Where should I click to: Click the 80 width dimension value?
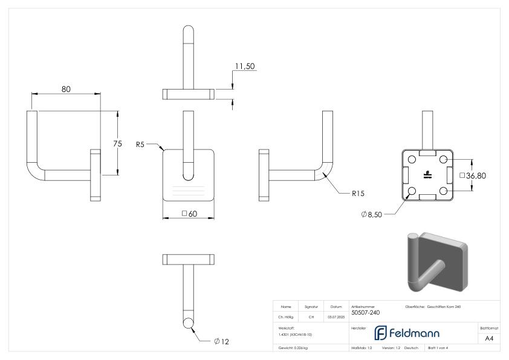[x=65, y=89]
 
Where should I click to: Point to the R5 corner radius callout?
[x=140, y=145]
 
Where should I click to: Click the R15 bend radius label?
[x=359, y=194]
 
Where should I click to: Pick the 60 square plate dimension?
[x=190, y=214]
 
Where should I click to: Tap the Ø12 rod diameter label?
[x=221, y=342]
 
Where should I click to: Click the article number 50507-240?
[x=366, y=313]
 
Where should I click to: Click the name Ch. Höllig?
[x=286, y=316]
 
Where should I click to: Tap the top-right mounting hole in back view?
[x=443, y=159]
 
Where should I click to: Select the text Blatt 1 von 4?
[x=439, y=349]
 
